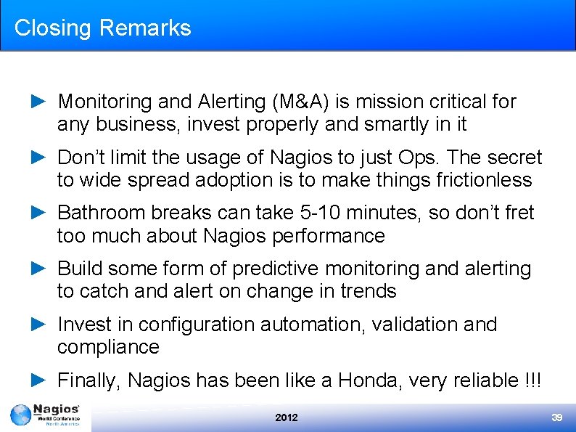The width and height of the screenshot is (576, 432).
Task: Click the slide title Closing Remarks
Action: click(102, 28)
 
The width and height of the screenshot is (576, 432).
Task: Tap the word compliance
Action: click(108, 347)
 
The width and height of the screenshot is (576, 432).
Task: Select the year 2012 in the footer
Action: click(287, 417)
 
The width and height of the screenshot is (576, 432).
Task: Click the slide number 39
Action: click(557, 417)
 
